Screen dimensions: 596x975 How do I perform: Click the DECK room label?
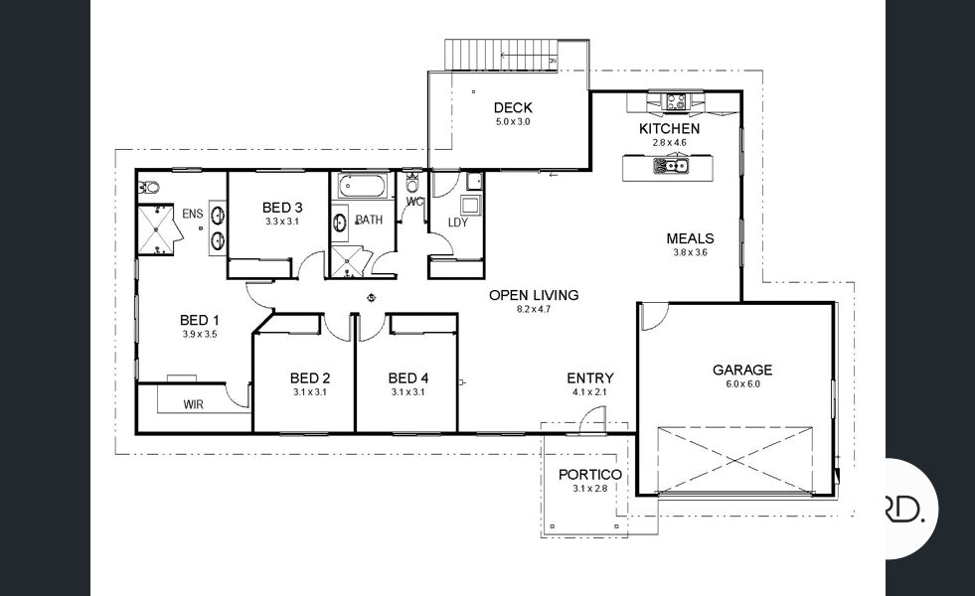tap(513, 107)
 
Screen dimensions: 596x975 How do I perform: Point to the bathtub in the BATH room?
tap(356, 186)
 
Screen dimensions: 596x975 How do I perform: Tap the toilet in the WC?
tap(412, 184)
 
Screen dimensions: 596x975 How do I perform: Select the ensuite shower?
tap(156, 227)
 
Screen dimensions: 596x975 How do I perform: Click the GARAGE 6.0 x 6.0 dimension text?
tap(741, 384)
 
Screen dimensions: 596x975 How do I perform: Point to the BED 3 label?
tap(282, 207)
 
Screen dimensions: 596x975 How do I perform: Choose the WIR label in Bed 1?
tap(194, 404)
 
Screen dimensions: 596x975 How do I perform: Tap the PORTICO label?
tap(589, 475)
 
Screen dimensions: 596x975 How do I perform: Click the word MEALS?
tap(690, 238)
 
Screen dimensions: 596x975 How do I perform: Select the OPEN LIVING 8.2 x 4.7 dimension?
tap(533, 309)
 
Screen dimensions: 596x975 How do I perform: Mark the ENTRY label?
tap(589, 378)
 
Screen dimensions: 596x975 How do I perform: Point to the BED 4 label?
tap(407, 377)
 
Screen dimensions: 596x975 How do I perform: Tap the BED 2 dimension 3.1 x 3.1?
tap(310, 392)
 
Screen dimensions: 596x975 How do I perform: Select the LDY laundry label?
tap(457, 223)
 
